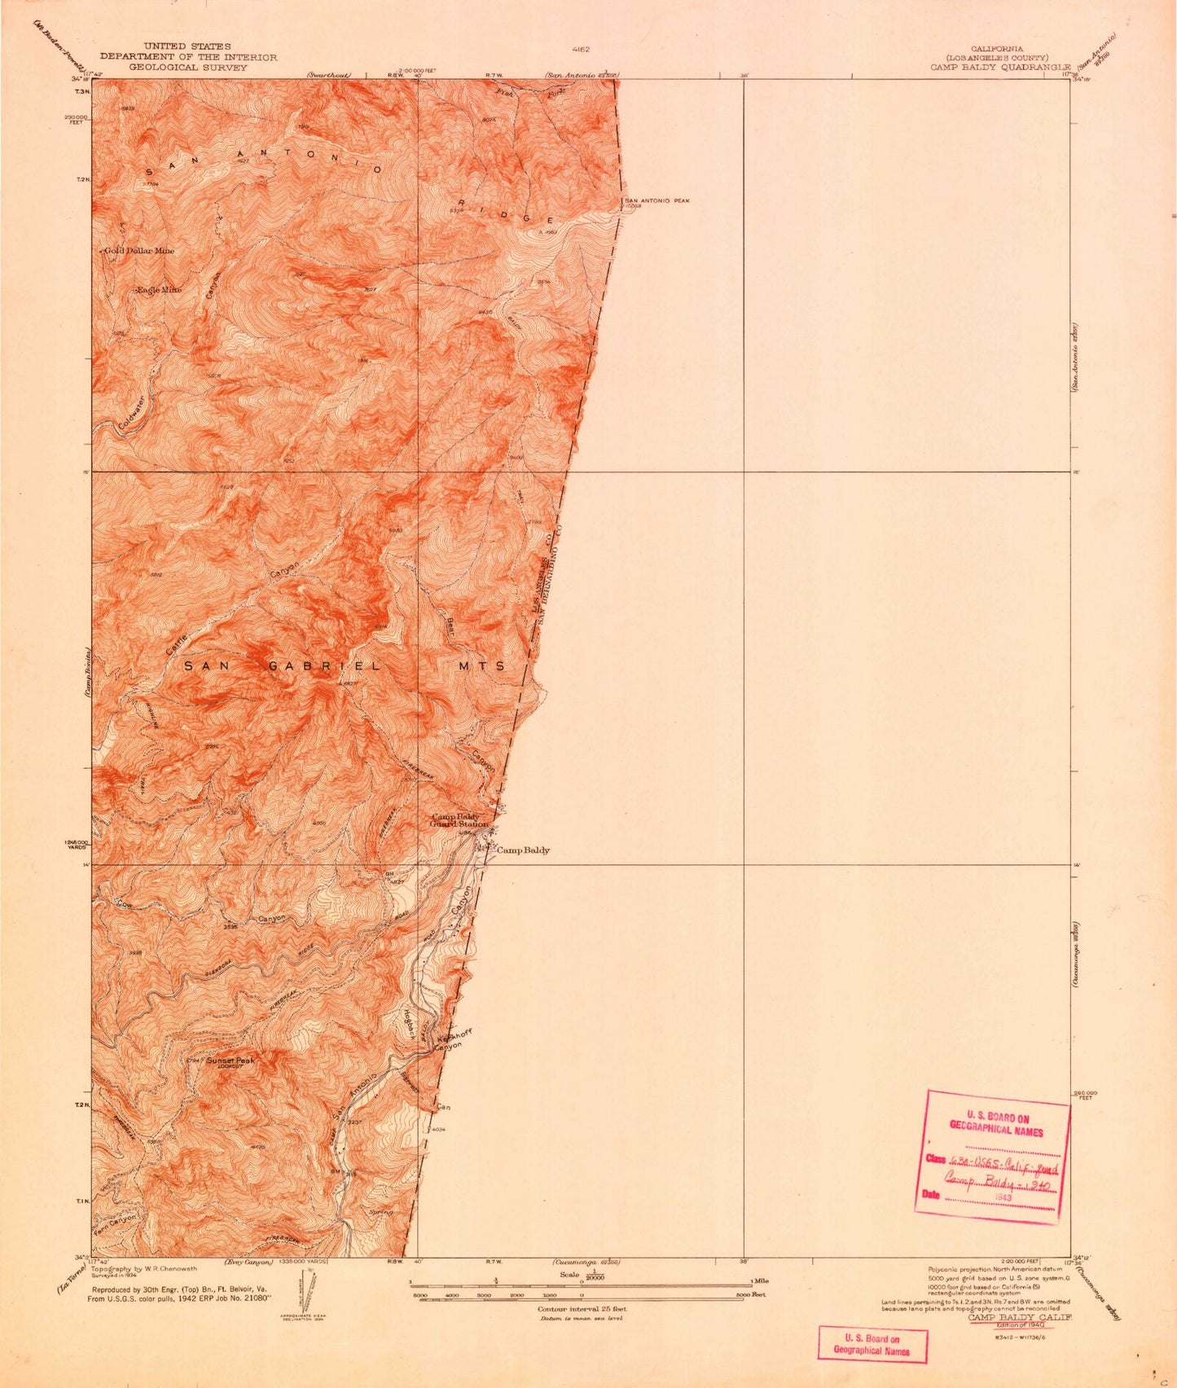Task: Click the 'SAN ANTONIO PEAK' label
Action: (657, 200)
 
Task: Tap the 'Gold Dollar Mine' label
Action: (139, 251)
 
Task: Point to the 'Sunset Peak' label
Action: (230, 1061)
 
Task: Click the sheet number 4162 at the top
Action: (580, 49)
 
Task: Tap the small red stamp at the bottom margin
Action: (872, 1345)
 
